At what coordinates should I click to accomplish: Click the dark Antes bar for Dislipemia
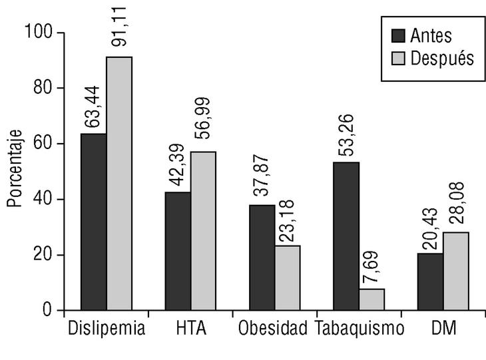click(x=94, y=222)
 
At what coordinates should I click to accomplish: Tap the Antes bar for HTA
click(x=178, y=252)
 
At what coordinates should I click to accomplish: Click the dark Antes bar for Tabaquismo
click(x=346, y=236)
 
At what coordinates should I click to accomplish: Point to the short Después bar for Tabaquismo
click(x=371, y=299)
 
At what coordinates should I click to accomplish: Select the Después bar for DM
click(x=455, y=271)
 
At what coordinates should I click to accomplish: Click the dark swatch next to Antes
click(x=399, y=35)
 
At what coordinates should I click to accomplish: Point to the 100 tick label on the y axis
click(x=41, y=32)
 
